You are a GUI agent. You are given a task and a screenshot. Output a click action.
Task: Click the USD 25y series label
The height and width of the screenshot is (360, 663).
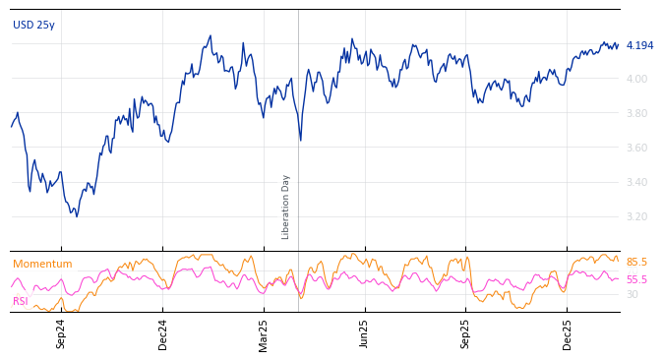tap(33, 25)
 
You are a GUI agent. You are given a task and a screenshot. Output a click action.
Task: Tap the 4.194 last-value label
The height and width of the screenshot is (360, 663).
tap(639, 45)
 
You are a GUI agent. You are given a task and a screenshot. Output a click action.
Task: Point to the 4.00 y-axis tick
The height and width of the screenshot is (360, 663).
tap(636, 79)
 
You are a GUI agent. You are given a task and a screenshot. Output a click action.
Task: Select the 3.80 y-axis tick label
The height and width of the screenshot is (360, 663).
tap(636, 113)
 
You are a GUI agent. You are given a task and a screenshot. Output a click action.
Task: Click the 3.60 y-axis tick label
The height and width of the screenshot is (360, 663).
tap(636, 148)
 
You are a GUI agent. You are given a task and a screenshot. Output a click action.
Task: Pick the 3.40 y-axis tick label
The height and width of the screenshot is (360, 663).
tap(636, 182)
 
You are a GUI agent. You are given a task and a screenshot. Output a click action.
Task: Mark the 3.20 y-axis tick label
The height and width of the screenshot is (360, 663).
tap(636, 216)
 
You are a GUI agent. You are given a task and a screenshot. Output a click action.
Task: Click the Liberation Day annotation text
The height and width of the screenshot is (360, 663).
tap(286, 207)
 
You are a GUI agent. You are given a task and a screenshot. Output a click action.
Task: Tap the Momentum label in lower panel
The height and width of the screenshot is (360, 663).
tap(42, 264)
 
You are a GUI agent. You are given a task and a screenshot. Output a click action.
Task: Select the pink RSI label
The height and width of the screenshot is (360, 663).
tap(20, 301)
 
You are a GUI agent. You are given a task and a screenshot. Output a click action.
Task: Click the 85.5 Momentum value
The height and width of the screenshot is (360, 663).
tap(636, 263)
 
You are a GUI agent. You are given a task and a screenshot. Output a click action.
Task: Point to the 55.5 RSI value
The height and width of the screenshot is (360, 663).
tap(636, 279)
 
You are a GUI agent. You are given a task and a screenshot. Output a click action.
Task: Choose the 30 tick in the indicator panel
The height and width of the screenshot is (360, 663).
tap(632, 294)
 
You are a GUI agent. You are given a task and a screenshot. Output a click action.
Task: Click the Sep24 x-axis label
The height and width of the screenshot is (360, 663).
tap(61, 333)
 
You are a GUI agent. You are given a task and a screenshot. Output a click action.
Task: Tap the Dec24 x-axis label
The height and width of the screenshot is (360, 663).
tap(163, 333)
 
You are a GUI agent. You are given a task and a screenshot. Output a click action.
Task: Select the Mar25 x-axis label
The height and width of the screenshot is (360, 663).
tap(264, 333)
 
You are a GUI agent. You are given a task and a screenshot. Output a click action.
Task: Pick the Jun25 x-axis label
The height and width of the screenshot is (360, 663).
tap(365, 333)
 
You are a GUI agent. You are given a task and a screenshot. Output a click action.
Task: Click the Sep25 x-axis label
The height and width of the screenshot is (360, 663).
tap(466, 333)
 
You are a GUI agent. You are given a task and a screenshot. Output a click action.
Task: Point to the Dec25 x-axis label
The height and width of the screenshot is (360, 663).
tap(568, 333)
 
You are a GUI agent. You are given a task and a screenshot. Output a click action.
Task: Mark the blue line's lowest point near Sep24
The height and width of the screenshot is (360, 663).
tap(76, 215)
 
